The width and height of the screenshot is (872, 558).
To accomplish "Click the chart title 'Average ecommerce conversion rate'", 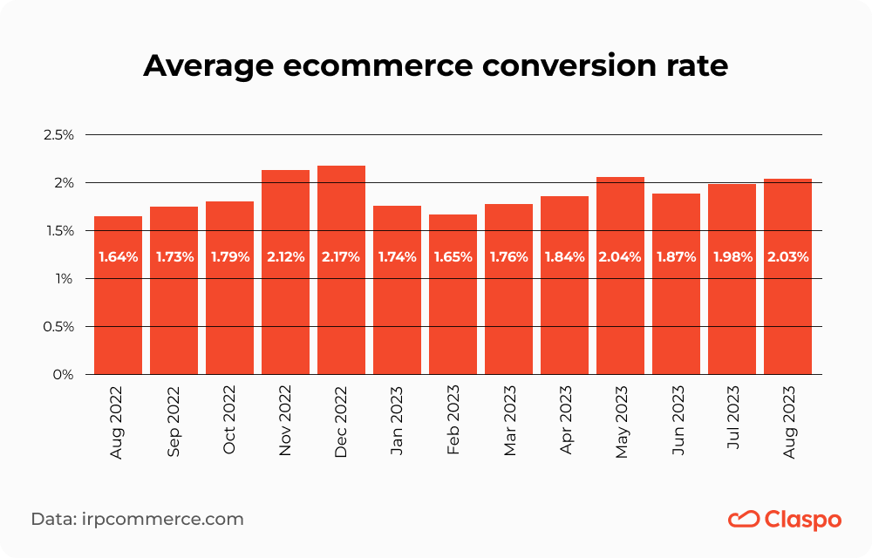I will coord(435,65).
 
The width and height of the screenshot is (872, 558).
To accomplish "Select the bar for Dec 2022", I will coord(341,296).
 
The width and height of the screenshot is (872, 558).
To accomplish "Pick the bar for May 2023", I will coord(620,296).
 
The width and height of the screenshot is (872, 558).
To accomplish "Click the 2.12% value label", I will coord(285,257).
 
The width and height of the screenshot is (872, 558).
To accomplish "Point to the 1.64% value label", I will coord(118,257).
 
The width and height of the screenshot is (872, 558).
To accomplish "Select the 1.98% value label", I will coord(732,257).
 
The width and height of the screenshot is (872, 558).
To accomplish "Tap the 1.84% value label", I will coord(564,257).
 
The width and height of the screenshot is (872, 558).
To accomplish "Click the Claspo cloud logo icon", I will coord(743,520).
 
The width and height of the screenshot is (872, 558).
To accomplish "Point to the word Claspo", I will coord(802,520).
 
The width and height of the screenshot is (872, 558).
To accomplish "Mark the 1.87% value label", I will coord(676,257).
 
